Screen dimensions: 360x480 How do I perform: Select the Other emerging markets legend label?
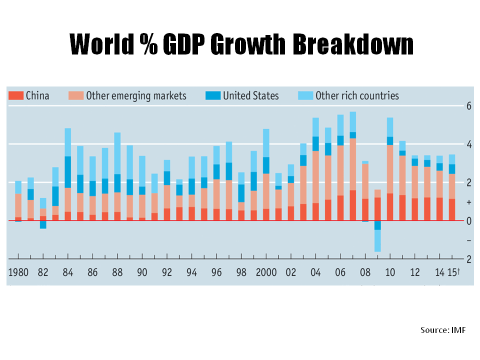[136, 95]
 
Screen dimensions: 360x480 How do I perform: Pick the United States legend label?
[250, 95]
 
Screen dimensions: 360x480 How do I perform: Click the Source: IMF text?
[443, 330]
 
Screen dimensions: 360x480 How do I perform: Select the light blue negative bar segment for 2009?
[377, 240]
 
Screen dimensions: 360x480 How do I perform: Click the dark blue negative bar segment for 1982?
[43, 224]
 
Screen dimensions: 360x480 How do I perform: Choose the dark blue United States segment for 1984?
[68, 172]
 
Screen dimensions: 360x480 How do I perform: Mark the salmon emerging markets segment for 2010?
[390, 169]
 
